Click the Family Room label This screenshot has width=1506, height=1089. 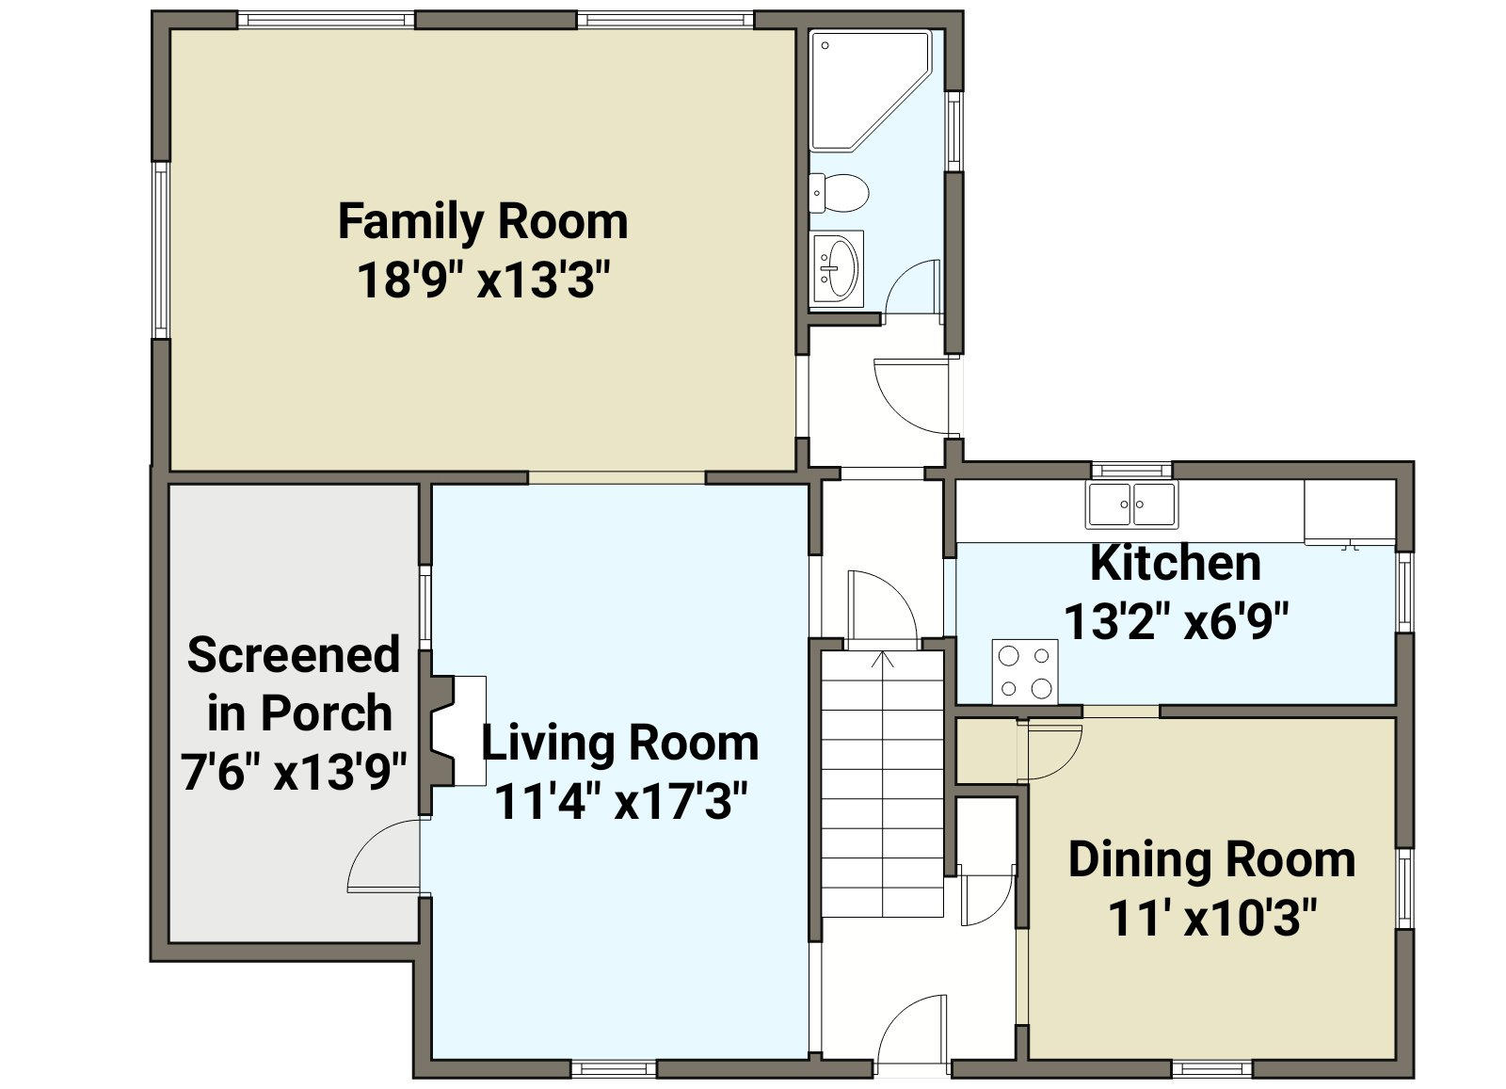[483, 222]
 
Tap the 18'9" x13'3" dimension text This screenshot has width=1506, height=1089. [484, 280]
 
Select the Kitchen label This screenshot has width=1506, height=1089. [1176, 563]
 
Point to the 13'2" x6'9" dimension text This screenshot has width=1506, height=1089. [1176, 622]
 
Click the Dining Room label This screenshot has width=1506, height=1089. [1211, 859]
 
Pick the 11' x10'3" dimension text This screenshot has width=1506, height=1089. [1211, 919]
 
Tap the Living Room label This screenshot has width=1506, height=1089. [620, 743]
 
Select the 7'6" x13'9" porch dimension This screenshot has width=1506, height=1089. [294, 773]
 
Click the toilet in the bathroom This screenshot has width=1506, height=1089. [839, 193]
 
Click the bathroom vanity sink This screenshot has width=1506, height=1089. [836, 269]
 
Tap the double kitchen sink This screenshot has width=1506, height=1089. [1131, 504]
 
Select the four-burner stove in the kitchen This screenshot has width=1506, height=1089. [1025, 671]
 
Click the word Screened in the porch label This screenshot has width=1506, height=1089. [293, 654]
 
